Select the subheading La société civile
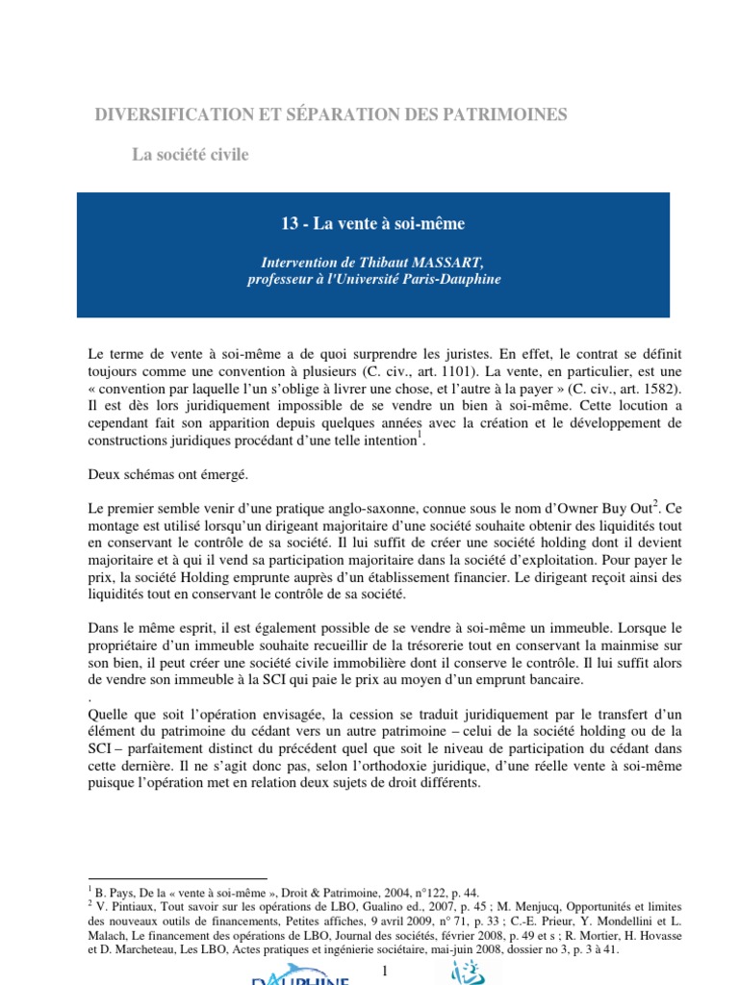tap(190, 155)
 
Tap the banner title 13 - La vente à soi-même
tap(371, 224)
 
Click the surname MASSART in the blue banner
tap(446, 262)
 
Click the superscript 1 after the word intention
tap(420, 435)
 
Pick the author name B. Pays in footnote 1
tap(115, 893)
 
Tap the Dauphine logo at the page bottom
tap(299, 978)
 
